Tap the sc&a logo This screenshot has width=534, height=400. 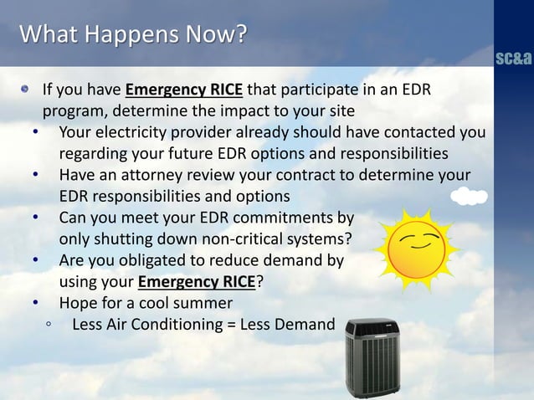[x=512, y=60]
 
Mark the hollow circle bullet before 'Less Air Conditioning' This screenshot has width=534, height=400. [x=50, y=325]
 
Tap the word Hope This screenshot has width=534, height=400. [x=77, y=302]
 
